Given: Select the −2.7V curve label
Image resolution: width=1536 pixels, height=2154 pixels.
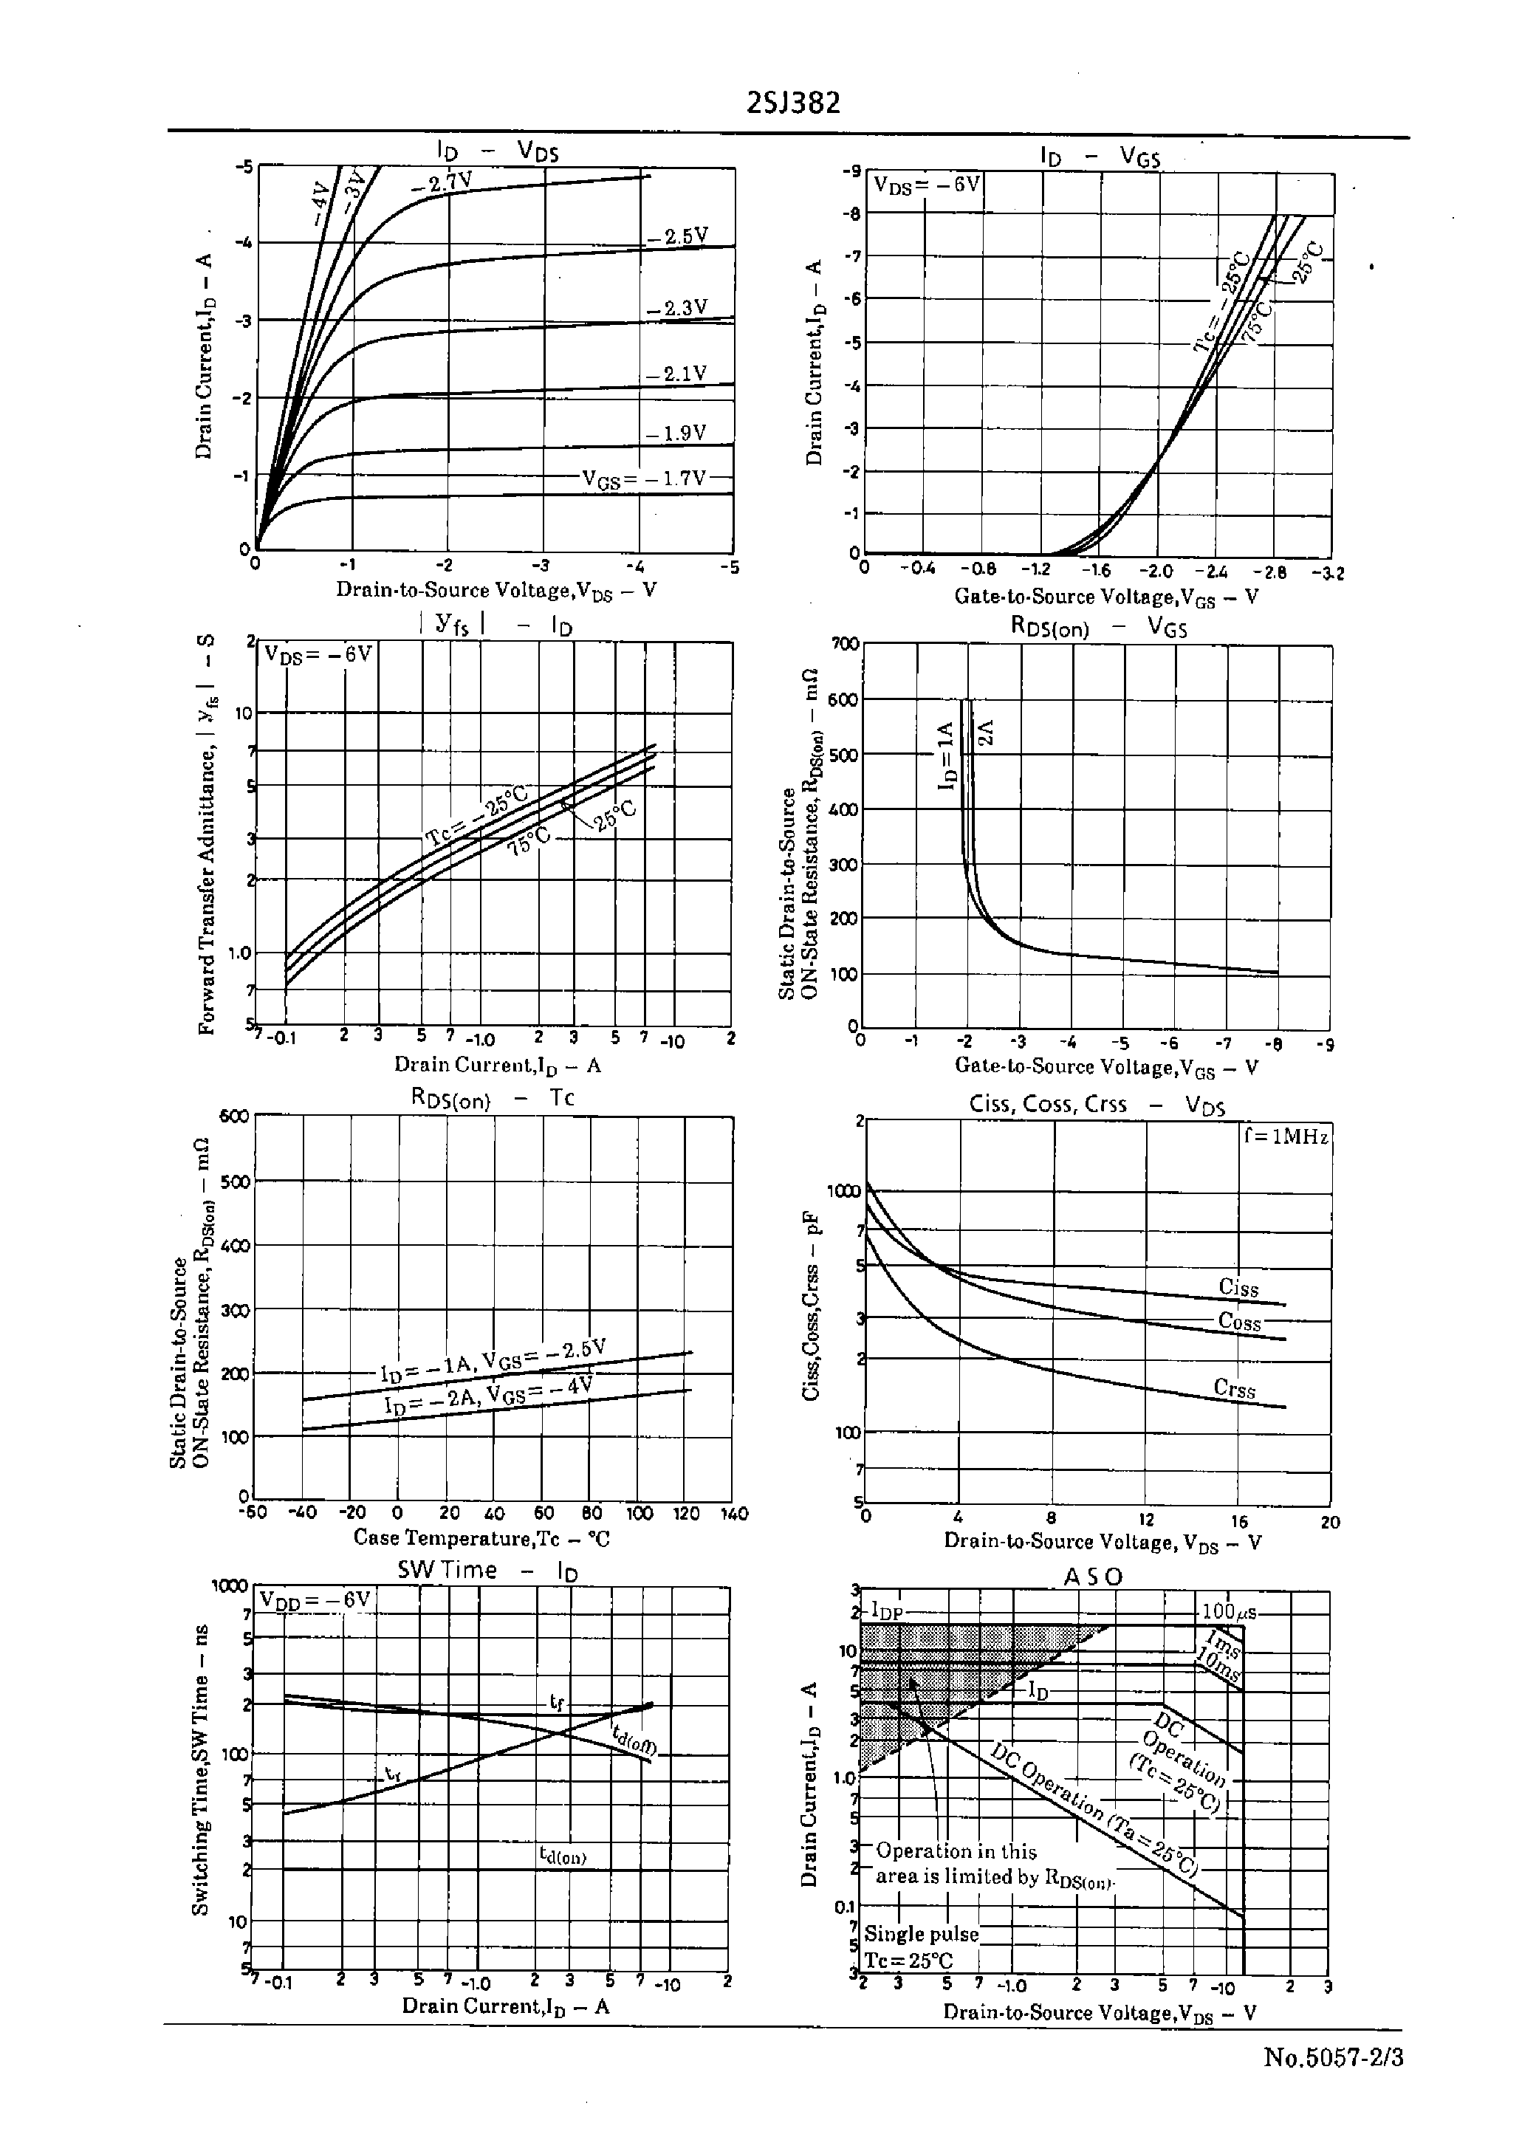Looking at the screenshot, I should pos(441,182).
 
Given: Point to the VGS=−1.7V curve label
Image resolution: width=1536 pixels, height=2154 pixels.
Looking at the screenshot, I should pos(644,479).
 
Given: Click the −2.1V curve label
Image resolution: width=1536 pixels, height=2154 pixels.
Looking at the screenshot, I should pos(676,374).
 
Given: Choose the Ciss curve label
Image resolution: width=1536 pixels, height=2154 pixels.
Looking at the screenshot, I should pos(1238,1288).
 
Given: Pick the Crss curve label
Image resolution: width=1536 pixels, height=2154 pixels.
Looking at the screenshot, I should pos(1234,1389).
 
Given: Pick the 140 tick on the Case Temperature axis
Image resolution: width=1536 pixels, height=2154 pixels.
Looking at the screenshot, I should pos(734,1514).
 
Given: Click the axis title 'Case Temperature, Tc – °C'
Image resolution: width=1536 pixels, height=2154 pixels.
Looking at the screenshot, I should pos(481,1537).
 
